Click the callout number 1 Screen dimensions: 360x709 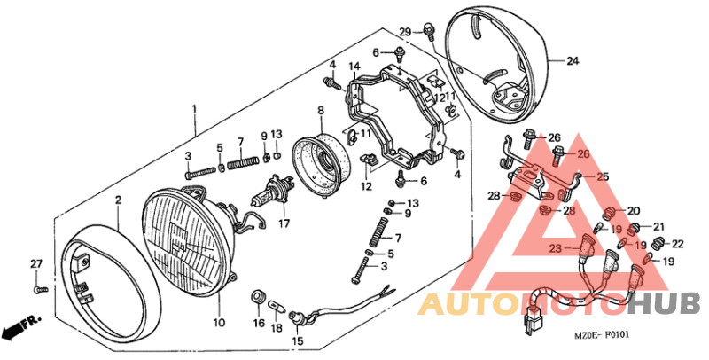(193, 110)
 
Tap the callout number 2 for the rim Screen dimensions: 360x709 (117, 200)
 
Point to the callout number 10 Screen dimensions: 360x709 (219, 321)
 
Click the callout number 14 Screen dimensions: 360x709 (354, 67)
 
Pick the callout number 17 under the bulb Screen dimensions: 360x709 (284, 223)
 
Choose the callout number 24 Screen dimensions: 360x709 (572, 61)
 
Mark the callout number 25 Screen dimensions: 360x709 (603, 177)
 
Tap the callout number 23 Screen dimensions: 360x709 (556, 248)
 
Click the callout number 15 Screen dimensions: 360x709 (296, 340)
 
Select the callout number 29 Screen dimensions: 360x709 (405, 33)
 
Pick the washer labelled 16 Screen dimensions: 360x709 (259, 294)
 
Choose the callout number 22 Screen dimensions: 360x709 (677, 244)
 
